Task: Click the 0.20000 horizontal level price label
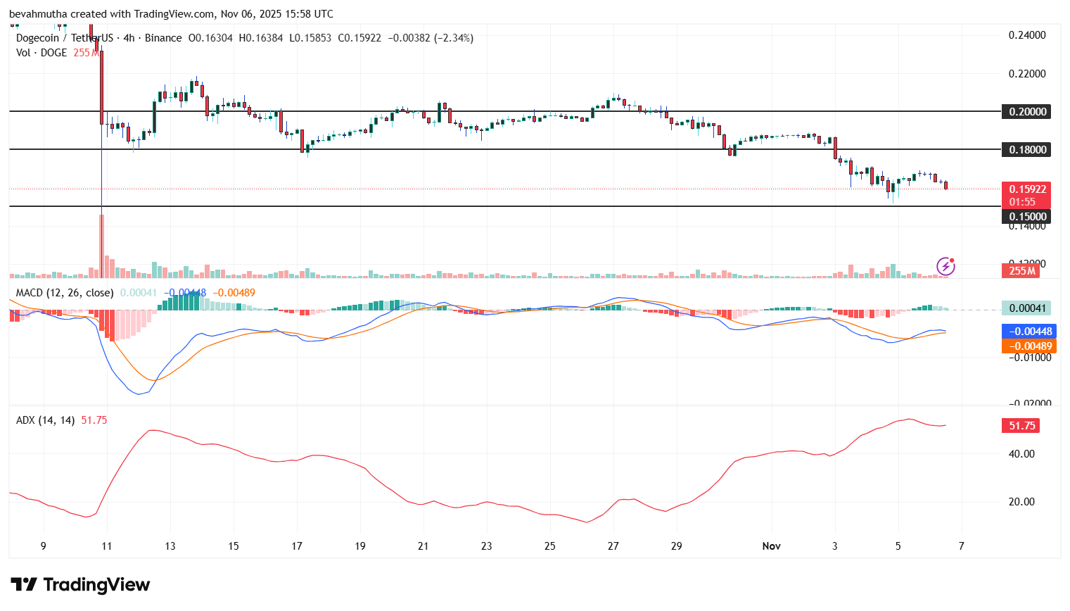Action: (x=1027, y=112)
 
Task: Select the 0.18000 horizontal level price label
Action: (x=1027, y=150)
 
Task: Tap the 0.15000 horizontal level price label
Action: (x=1027, y=217)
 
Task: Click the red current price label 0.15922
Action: (x=1027, y=189)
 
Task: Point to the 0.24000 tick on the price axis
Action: (x=1027, y=35)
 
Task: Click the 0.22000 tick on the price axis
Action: (x=1027, y=74)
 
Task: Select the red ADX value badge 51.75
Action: (x=1021, y=426)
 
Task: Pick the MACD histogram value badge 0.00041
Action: (x=1026, y=308)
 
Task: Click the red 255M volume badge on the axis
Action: (x=1021, y=271)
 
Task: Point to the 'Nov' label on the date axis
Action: (x=772, y=546)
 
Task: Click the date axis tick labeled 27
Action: (x=613, y=546)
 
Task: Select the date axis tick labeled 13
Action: (x=170, y=546)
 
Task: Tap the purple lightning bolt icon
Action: (x=945, y=266)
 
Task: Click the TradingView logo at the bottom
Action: (x=80, y=585)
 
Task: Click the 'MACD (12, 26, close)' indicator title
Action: (x=65, y=293)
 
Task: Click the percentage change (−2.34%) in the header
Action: (x=454, y=38)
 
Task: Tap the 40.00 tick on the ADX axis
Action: (x=1021, y=454)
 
